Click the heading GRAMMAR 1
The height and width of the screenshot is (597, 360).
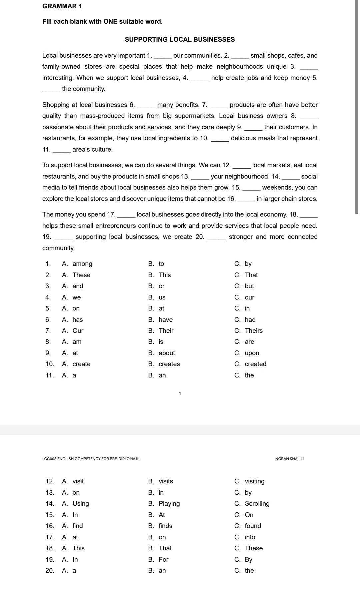click(x=62, y=6)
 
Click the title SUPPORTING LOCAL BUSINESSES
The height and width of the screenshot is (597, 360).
click(x=180, y=39)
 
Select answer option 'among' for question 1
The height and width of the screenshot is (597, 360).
click(x=82, y=264)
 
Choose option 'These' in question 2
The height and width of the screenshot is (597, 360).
click(x=81, y=275)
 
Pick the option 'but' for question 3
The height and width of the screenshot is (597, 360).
click(x=249, y=286)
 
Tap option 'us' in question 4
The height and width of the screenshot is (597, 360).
click(x=162, y=298)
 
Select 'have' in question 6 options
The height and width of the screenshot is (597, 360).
click(x=166, y=320)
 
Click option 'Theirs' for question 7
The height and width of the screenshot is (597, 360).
click(x=254, y=331)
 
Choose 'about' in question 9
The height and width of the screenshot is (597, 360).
click(x=167, y=353)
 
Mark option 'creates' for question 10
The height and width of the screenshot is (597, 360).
click(x=169, y=364)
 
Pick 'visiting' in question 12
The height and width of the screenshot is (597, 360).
click(x=254, y=481)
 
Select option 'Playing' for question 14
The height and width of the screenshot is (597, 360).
click(x=169, y=504)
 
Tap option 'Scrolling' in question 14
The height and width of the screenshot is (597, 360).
click(x=257, y=504)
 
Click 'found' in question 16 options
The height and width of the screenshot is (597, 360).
click(x=253, y=526)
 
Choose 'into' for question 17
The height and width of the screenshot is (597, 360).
click(x=250, y=537)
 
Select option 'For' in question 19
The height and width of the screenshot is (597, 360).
click(x=163, y=560)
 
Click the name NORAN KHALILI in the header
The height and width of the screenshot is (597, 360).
click(x=289, y=459)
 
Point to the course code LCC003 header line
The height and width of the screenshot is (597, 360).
click(x=91, y=459)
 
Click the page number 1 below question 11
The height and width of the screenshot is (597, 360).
click(x=180, y=393)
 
